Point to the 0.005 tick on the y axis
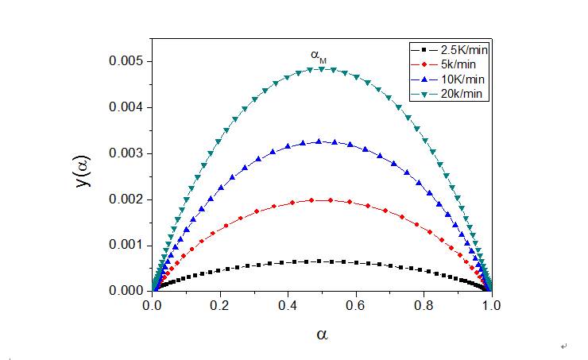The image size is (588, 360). tap(126, 61)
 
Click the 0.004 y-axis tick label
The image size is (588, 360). tap(126, 107)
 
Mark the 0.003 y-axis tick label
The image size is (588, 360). tap(126, 153)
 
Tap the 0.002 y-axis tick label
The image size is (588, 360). tap(126, 199)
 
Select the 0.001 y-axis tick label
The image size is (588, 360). tap(126, 245)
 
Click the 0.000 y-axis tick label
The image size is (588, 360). tap(126, 291)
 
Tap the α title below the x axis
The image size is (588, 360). tap(322, 334)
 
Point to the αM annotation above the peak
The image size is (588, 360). tap(318, 55)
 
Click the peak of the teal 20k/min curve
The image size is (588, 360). tap(321, 69)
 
